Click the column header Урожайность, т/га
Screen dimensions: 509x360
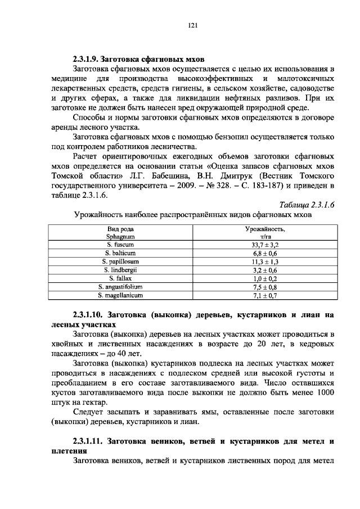click(x=265, y=233)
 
